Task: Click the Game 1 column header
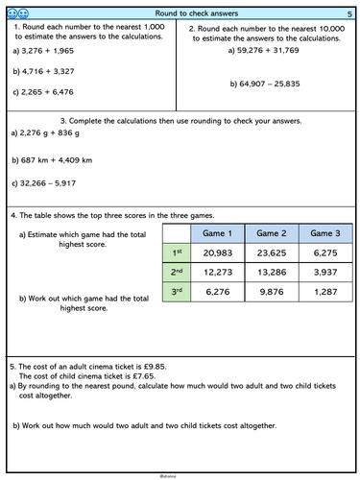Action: [x=219, y=233]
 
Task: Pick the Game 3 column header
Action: [x=325, y=233]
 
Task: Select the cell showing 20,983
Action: [x=219, y=253]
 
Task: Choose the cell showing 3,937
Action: [x=325, y=273]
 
